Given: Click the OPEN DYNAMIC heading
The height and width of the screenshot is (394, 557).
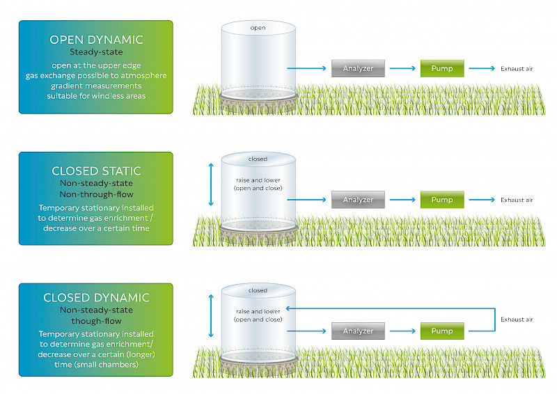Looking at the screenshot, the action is (x=96, y=40).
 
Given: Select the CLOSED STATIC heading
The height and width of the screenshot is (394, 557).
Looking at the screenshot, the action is (x=96, y=171).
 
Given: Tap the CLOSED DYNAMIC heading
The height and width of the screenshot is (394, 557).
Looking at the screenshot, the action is (x=96, y=297).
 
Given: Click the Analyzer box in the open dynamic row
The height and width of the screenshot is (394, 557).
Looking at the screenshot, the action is (x=358, y=68).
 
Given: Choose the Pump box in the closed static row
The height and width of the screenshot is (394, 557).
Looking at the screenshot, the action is (x=442, y=200).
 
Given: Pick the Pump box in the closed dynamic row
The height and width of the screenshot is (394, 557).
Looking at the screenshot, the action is (x=442, y=331).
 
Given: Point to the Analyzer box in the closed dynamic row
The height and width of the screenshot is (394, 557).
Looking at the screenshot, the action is (x=358, y=331).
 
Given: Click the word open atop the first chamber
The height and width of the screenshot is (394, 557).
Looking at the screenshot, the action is (x=258, y=28).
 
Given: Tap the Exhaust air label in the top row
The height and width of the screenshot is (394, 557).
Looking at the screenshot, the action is (x=517, y=69).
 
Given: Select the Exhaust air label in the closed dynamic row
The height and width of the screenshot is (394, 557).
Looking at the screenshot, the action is (x=517, y=320).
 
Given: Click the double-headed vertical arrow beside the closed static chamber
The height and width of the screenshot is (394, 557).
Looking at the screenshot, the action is (x=211, y=184).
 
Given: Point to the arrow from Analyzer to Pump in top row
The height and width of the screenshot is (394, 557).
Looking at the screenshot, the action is (x=402, y=68).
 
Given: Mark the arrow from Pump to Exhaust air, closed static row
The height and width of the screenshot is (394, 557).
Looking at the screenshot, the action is (x=482, y=200).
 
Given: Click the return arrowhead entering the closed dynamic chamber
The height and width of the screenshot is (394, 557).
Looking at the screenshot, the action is (x=289, y=308).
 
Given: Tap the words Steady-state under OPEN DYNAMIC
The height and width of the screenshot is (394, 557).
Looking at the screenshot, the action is (x=96, y=52).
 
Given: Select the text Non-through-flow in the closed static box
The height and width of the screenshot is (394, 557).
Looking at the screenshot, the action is (x=96, y=194).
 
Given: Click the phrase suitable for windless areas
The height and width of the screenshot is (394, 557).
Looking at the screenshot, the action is (x=96, y=96).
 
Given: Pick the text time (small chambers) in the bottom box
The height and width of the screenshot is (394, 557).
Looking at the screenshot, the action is (x=96, y=365).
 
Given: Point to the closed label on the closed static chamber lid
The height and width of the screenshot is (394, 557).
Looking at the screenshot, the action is (x=258, y=159).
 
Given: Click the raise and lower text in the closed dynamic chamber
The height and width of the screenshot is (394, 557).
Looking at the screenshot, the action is (x=258, y=311).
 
